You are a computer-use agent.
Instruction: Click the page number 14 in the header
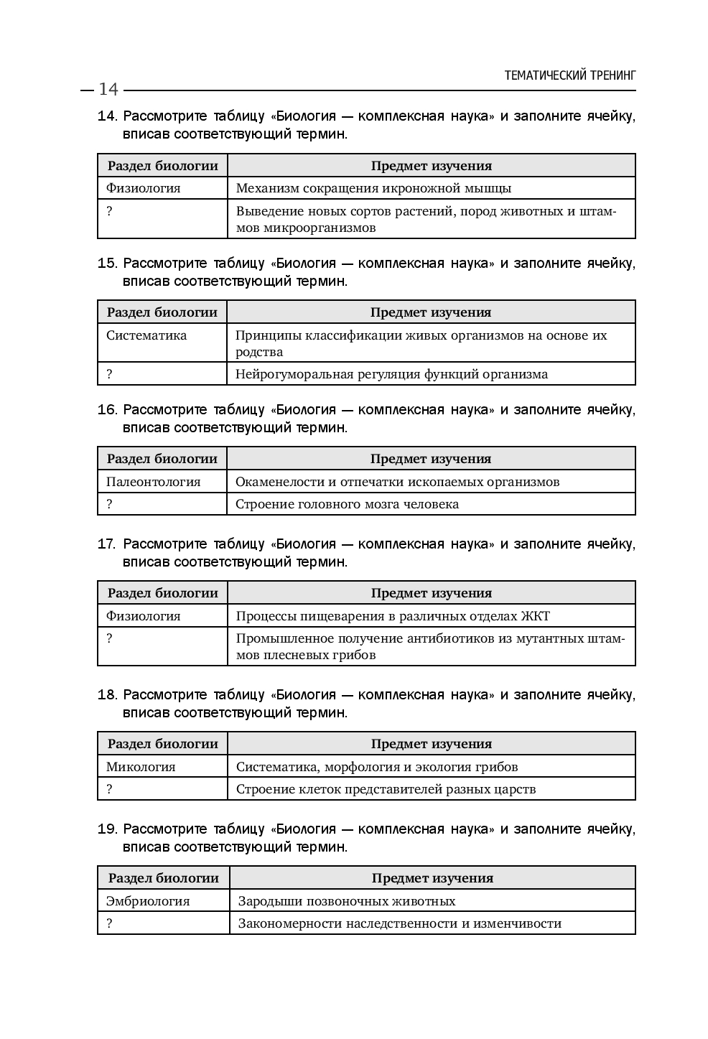[x=108, y=89]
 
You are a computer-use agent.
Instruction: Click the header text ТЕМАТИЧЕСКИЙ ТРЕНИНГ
[x=570, y=75]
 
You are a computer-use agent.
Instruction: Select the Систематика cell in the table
[x=146, y=335]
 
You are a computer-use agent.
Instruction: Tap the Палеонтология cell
[x=153, y=482]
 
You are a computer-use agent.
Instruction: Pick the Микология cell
[x=141, y=767]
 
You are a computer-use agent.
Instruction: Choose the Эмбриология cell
[x=148, y=901]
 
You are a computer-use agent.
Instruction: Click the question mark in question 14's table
[x=110, y=211]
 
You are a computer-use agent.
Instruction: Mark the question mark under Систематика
[x=110, y=374]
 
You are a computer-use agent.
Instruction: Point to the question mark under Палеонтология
[x=110, y=504]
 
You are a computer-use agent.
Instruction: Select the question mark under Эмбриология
[x=110, y=923]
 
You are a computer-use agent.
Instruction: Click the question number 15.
[x=107, y=264]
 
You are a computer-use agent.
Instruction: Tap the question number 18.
[x=107, y=695]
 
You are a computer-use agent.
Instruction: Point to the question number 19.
[x=107, y=829]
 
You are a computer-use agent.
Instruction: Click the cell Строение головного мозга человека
[x=348, y=504]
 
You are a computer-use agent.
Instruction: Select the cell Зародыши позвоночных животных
[x=347, y=901]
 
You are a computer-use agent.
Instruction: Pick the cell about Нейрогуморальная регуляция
[x=391, y=374]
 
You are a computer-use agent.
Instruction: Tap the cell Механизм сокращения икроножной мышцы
[x=373, y=189]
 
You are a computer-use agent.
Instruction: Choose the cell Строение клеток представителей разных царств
[x=386, y=789]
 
